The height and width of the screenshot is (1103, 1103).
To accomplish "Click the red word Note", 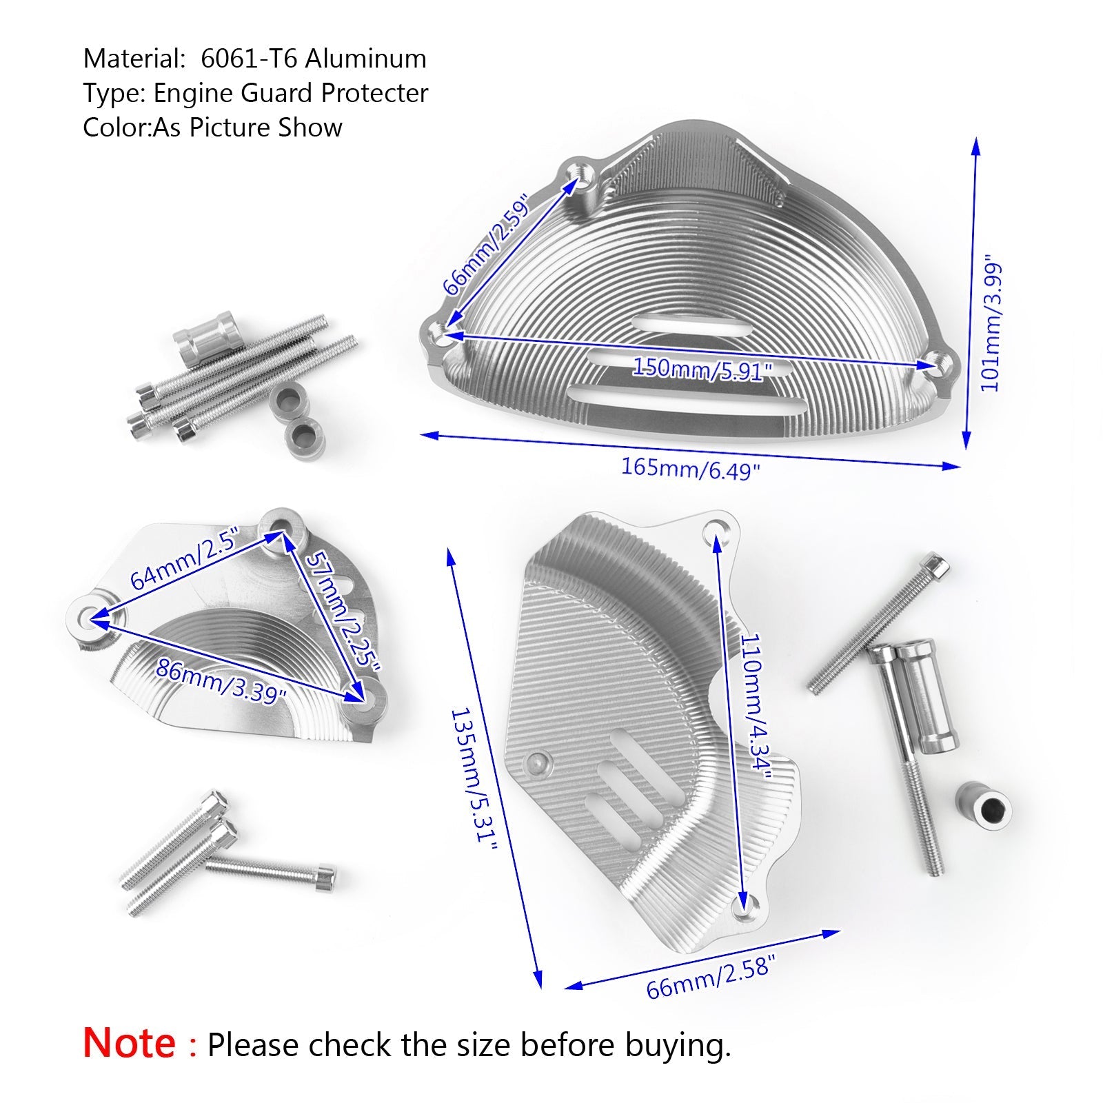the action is coord(129,1042).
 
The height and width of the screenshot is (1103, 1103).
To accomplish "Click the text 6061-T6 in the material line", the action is coord(249,59).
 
